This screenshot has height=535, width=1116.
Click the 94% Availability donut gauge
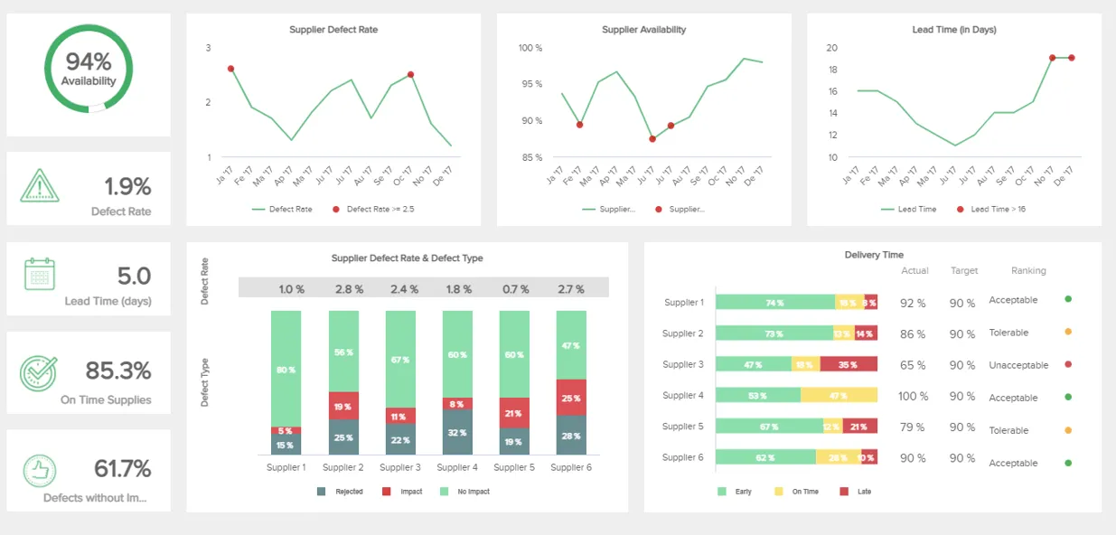[x=89, y=69]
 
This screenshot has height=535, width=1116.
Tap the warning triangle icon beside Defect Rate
[x=39, y=187]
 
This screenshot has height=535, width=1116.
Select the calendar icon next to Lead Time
[x=40, y=274]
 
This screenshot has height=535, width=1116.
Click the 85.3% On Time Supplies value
[x=118, y=371]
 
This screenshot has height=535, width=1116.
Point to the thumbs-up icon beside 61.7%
[x=40, y=470]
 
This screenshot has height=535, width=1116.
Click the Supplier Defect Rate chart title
[x=333, y=30]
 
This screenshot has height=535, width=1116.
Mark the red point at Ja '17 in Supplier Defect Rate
[x=231, y=69]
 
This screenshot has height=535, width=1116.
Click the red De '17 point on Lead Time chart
[x=1071, y=58]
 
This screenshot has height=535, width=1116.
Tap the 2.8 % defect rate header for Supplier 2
[x=349, y=289]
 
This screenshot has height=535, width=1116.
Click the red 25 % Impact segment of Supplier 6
[x=571, y=398]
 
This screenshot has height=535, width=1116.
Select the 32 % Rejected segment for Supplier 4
[x=457, y=433]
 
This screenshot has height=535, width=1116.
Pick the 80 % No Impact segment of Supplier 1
[x=286, y=369]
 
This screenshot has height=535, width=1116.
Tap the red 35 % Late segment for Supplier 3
[x=848, y=365]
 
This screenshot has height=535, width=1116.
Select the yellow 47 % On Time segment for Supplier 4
[x=838, y=396]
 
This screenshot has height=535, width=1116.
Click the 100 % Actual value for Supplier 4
[x=913, y=396]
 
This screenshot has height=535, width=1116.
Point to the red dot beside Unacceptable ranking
[x=1068, y=365]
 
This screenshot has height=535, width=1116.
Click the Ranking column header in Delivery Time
[x=1028, y=270]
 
